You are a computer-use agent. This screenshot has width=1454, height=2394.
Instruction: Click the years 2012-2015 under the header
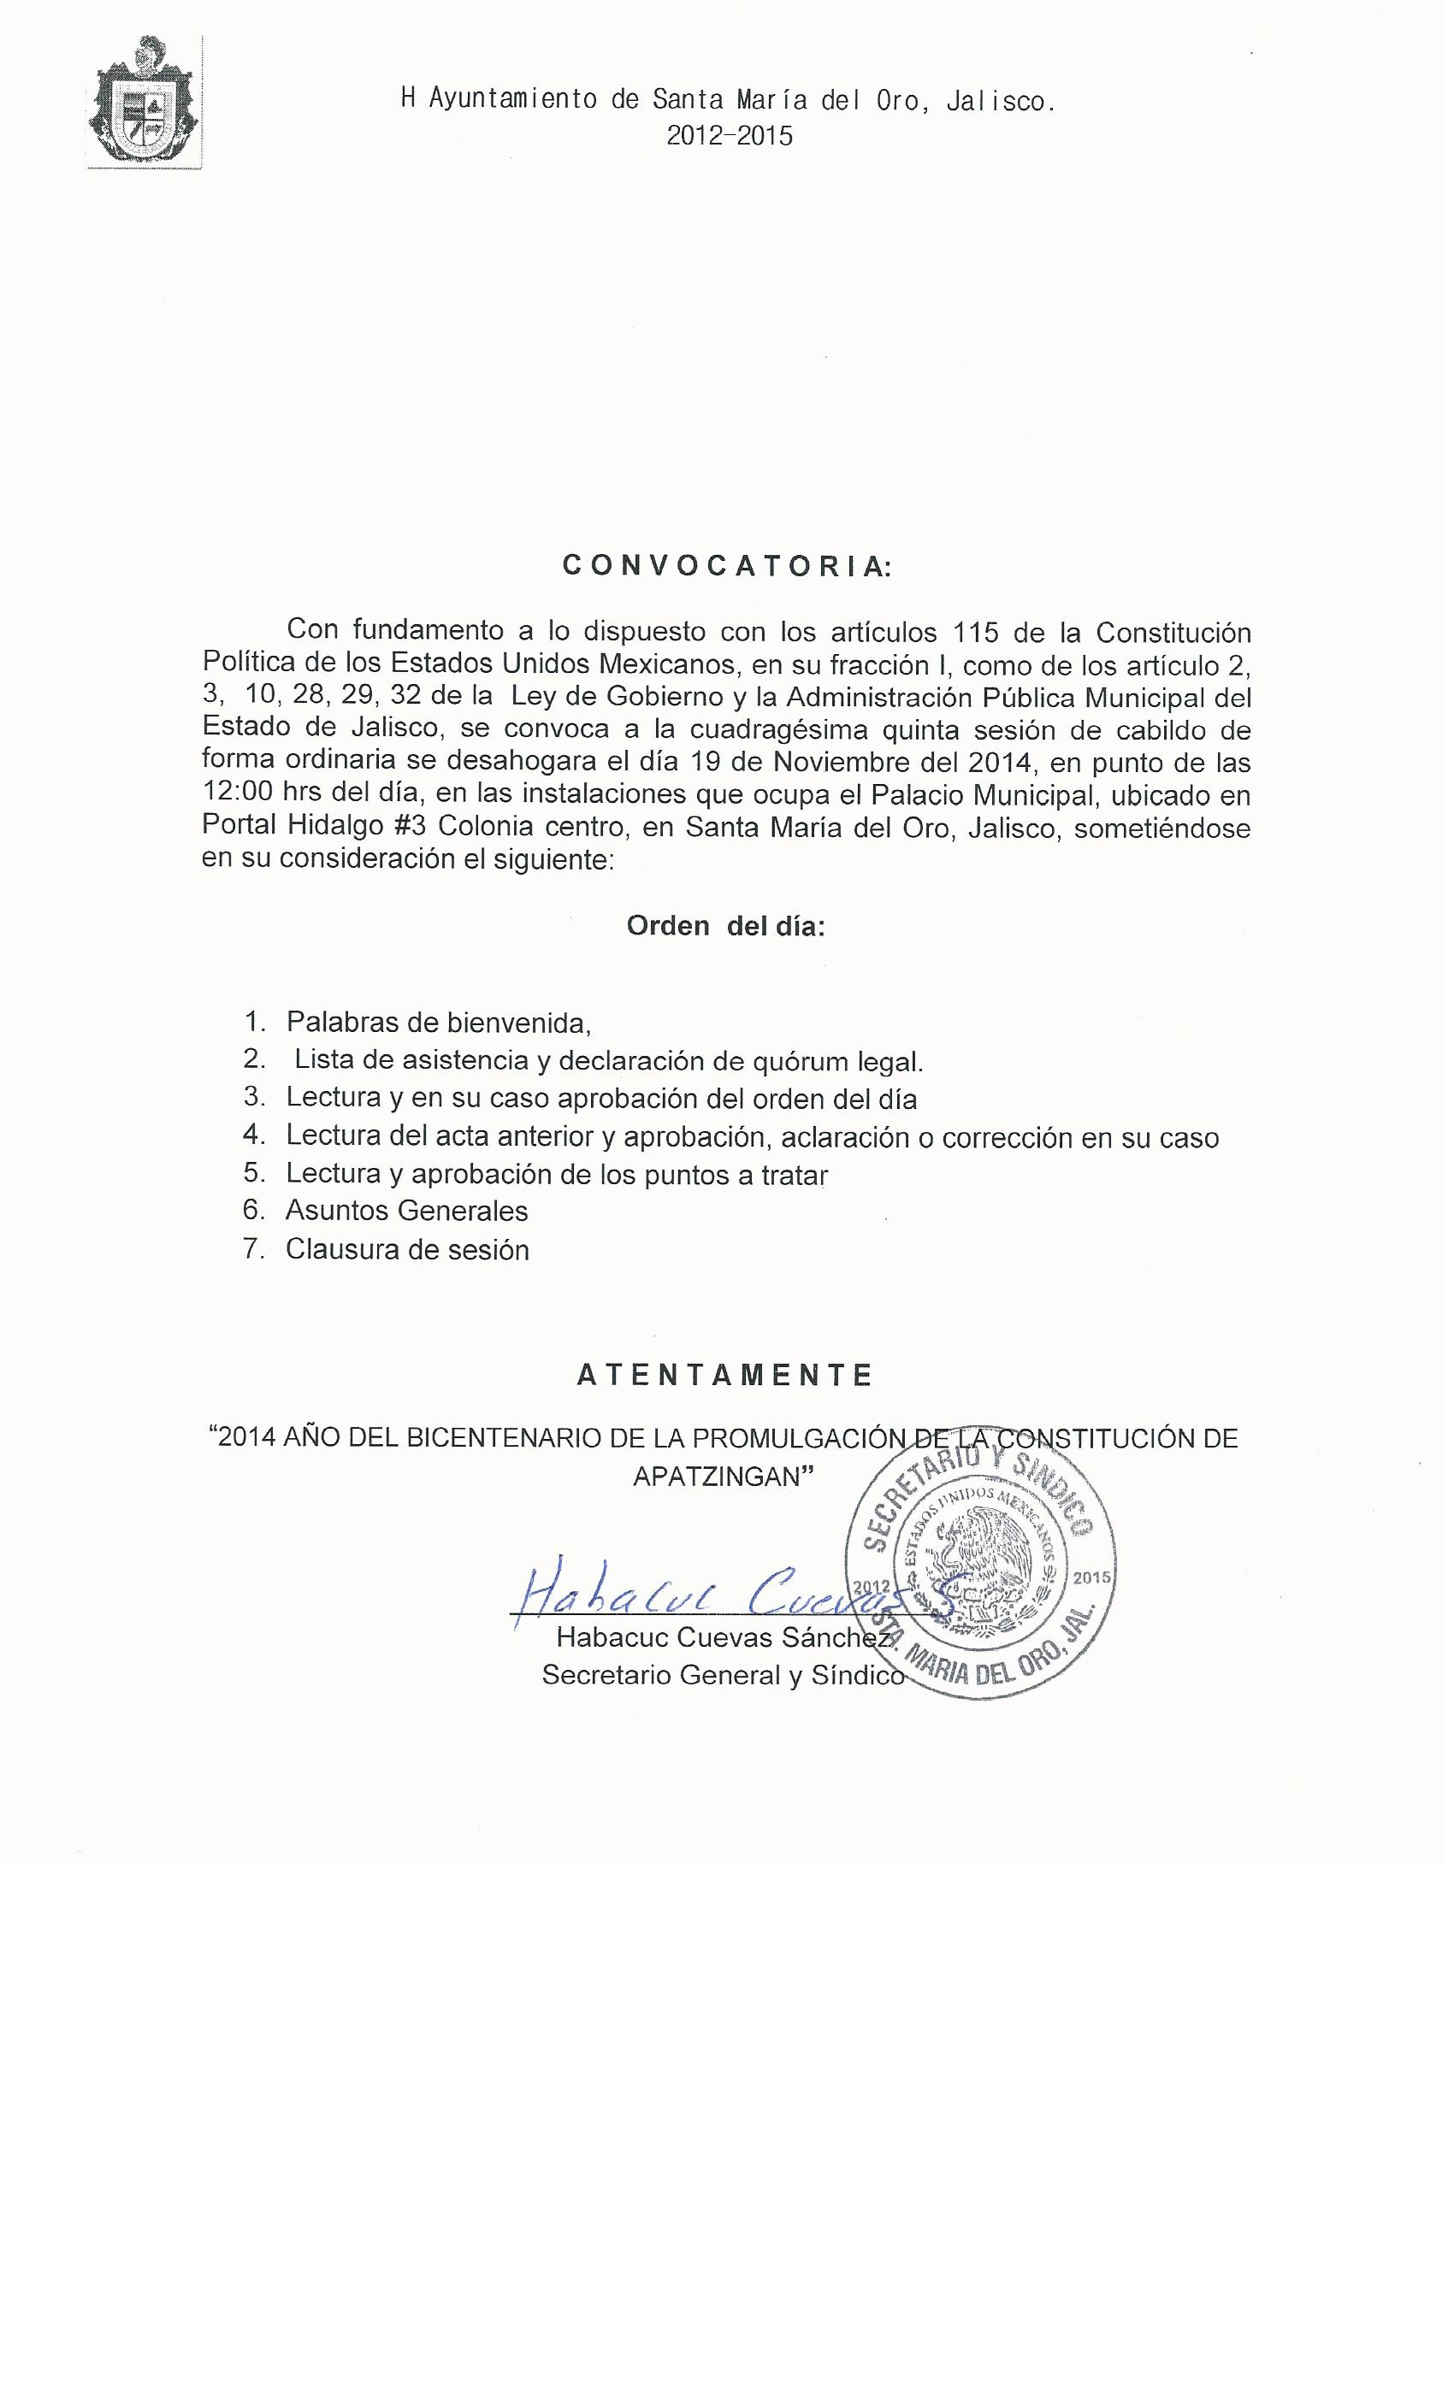pyautogui.click(x=729, y=136)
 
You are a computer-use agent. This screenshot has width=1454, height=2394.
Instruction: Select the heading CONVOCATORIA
pyautogui.click(x=726, y=568)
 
